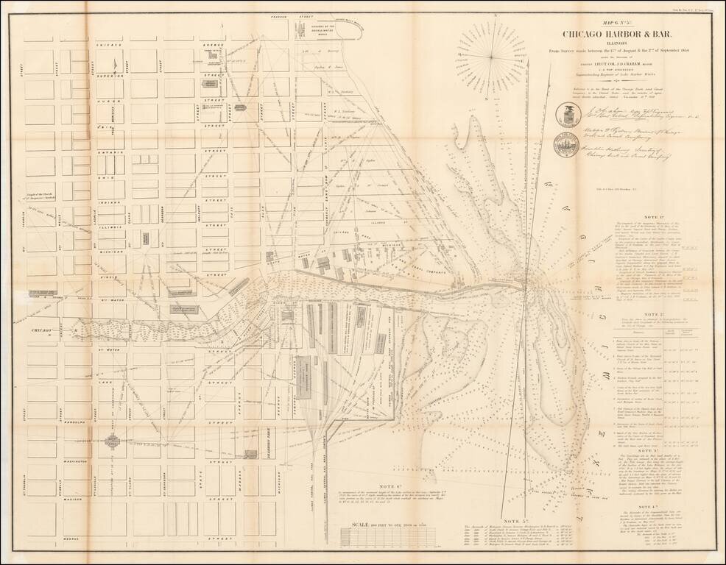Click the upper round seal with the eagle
(568, 115)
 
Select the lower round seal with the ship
(568, 144)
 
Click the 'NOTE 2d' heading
(648, 313)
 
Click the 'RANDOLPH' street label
(81, 423)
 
